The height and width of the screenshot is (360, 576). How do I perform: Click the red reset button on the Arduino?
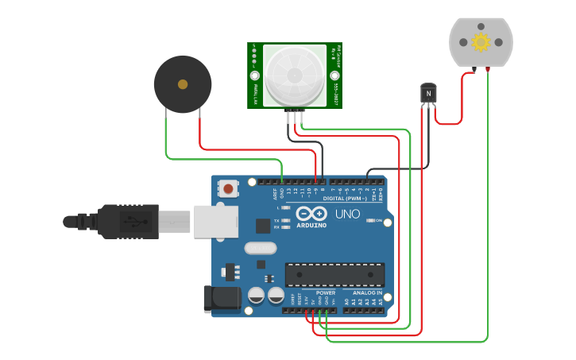pos(229,189)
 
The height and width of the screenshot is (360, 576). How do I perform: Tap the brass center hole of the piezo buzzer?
pos(183,83)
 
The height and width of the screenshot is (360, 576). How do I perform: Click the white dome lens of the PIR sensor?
pos(294,75)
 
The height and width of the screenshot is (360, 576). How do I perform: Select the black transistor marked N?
pos(428,94)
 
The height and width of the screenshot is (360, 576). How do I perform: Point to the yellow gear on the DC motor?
pos(481,42)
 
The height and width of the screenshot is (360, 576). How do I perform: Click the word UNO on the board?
pos(347,215)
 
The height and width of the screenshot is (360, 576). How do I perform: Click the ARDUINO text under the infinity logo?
pos(311,225)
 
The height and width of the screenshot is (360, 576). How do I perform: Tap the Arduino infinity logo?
pos(311,214)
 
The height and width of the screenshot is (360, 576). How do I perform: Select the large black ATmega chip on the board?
pos(334,274)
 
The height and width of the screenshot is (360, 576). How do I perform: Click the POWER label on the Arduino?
pos(326,292)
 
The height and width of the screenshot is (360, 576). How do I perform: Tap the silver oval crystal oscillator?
pos(261,248)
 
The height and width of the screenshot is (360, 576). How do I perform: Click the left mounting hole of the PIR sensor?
pos(255,76)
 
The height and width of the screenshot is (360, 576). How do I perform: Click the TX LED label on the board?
pos(276,220)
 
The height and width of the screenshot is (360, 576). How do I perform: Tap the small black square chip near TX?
pos(263,226)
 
